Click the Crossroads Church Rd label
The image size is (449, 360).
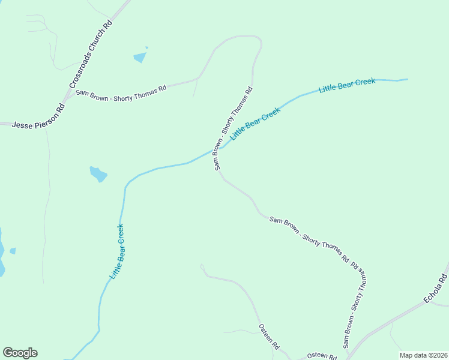point(91,55)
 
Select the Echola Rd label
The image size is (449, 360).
point(435,288)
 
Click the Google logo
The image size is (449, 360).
point(20,353)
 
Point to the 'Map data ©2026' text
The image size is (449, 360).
point(423,355)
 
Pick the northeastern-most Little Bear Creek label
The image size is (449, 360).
point(347,85)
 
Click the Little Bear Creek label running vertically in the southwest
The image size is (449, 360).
point(118,251)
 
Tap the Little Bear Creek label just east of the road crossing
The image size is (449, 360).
point(255,123)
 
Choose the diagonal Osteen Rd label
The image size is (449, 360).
point(269,337)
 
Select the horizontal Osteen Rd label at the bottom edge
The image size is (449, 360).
point(322,356)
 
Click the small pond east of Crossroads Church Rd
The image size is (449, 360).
point(140,57)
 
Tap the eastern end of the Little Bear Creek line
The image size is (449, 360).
point(407,79)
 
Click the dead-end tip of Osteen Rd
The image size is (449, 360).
point(202,266)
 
